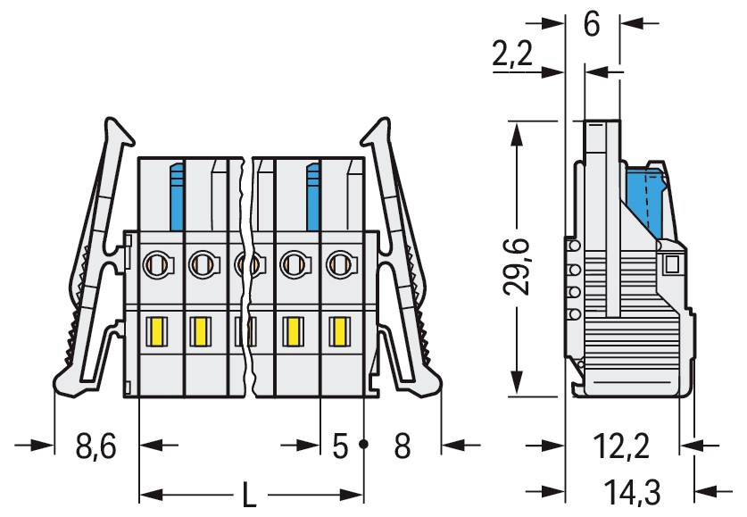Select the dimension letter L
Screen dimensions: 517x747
(x=252, y=494)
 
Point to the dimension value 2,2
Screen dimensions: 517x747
(x=512, y=56)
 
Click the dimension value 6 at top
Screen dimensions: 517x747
(x=592, y=24)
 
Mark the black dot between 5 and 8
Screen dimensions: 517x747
(x=364, y=444)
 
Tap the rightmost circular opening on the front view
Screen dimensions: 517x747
(x=338, y=263)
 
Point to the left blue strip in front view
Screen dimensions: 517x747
(x=177, y=196)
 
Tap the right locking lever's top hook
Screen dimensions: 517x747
(x=378, y=130)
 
